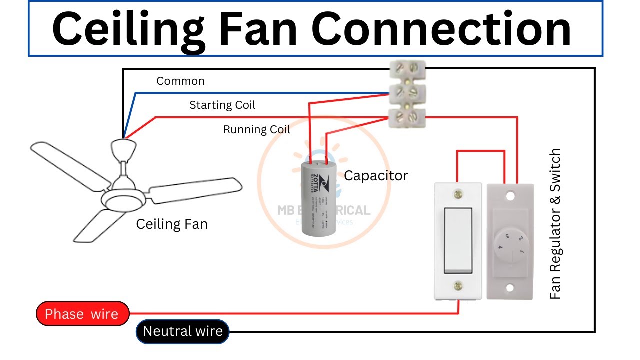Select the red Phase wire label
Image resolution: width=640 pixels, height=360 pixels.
[82, 314]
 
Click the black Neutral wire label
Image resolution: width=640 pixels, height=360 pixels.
[182, 331]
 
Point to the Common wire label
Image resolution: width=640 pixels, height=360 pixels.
[180, 81]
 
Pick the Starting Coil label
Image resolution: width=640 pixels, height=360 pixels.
[222, 105]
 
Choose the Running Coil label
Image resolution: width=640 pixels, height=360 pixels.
[256, 130]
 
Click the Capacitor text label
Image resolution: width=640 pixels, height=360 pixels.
[376, 176]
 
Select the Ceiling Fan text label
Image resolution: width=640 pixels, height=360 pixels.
[171, 224]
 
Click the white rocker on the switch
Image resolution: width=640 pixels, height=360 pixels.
[458, 240]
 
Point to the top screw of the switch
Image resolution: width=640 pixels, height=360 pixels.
[458, 194]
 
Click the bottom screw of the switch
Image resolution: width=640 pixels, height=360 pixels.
[458, 286]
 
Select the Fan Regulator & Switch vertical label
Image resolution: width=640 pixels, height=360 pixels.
[555, 223]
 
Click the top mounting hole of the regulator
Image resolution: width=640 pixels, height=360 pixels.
[510, 194]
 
